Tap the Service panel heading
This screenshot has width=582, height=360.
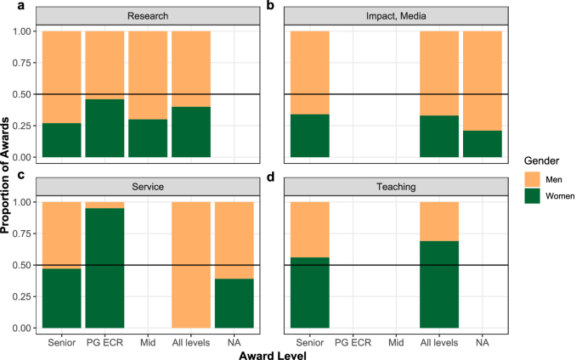click(x=147, y=186)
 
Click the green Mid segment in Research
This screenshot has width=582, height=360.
click(x=148, y=138)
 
